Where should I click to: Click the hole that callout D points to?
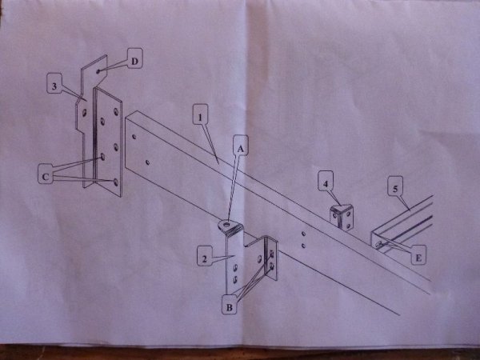[98, 72]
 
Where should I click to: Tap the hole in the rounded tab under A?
[226, 225]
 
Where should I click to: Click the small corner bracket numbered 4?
[342, 217]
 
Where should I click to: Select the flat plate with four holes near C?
[108, 142]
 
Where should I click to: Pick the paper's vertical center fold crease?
[246, 171]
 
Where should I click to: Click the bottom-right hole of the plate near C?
[116, 182]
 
